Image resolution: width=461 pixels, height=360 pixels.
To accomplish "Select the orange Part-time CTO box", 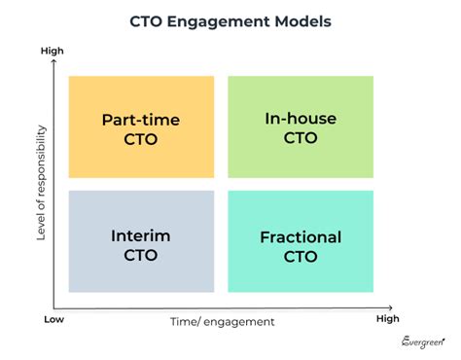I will (x=141, y=127).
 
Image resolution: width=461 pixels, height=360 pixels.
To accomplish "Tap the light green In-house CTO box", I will (x=301, y=127).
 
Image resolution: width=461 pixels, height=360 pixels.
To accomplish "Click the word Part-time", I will (x=141, y=121).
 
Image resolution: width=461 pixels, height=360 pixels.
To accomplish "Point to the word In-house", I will (x=301, y=120).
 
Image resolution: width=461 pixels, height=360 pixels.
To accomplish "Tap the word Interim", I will (x=141, y=236).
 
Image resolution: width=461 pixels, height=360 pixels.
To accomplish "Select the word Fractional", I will (x=301, y=237).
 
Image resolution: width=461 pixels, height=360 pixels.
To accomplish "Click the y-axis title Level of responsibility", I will (x=42, y=180).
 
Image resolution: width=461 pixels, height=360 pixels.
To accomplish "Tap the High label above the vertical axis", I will (x=52, y=50).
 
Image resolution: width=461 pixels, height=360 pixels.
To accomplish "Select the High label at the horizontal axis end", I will (x=389, y=318).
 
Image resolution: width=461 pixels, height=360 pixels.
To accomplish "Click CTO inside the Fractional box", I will (x=301, y=257).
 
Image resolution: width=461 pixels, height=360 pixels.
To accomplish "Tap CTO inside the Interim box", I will (x=141, y=256).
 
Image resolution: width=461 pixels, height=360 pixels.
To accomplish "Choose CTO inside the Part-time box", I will (x=141, y=139).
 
